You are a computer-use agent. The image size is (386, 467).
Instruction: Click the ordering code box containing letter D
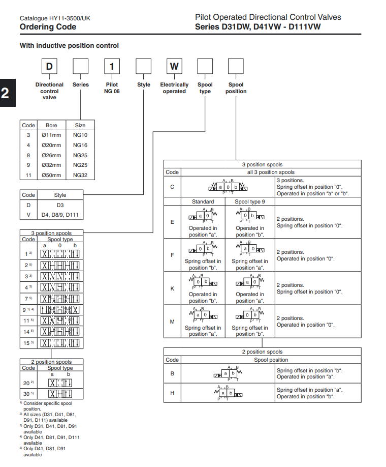tap(49, 67)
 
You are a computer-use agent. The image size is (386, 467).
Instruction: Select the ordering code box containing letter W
tap(174, 67)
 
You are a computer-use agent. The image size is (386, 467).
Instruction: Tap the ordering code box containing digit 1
tap(112, 67)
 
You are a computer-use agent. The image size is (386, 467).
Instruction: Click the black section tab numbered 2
tap(5, 93)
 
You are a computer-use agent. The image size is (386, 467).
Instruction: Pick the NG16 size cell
tap(80, 145)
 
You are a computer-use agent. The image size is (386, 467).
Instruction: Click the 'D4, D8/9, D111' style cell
tap(60, 215)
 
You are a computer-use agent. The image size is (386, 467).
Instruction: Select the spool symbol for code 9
tap(60, 309)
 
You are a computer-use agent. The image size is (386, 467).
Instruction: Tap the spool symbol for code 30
tap(60, 394)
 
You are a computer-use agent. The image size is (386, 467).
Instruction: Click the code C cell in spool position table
tap(172, 187)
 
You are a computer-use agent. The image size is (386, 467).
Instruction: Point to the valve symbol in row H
tap(228, 393)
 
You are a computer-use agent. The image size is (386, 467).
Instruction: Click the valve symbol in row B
tap(228, 373)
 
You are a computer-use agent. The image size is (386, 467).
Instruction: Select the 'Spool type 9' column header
tap(249, 201)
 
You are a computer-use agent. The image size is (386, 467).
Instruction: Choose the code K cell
tap(172, 288)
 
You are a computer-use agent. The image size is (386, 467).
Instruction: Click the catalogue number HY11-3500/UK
tap(55, 18)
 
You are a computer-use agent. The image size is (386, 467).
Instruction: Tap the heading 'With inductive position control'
tap(69, 46)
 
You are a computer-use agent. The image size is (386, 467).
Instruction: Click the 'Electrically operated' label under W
tap(174, 88)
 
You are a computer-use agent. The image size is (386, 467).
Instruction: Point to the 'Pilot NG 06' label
tap(112, 88)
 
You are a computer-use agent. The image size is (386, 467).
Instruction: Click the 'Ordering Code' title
tap(48, 27)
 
